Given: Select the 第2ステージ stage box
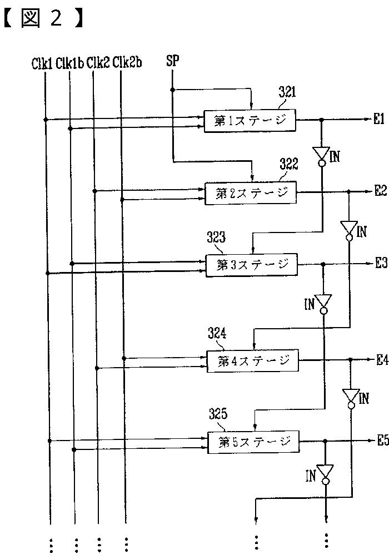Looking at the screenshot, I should tap(251, 192).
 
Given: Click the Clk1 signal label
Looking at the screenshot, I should tap(42, 63).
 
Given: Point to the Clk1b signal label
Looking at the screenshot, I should tap(69, 63).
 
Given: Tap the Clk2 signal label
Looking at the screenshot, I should tap(97, 63).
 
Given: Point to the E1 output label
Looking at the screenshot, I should tap(380, 119).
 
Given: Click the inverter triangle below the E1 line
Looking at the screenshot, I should tap(321, 154).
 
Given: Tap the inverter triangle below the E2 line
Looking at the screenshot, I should tap(349, 228).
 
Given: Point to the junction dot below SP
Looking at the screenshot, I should tap(172, 90).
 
